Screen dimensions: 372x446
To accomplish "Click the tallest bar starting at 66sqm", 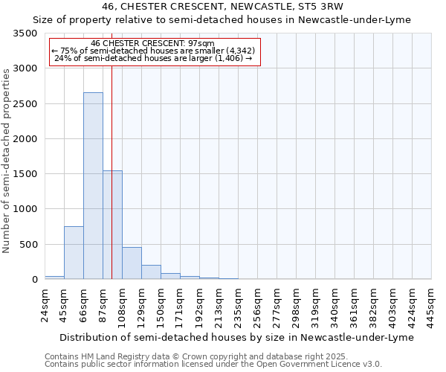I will (93, 186).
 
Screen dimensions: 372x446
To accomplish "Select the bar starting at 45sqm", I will (74, 253).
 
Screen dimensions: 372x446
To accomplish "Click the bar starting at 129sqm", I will (151, 272).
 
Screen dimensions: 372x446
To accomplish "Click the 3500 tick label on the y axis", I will (24, 34).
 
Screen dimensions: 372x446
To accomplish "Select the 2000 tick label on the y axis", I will (24, 139).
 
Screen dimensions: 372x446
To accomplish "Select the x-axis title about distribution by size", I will (235, 337).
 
